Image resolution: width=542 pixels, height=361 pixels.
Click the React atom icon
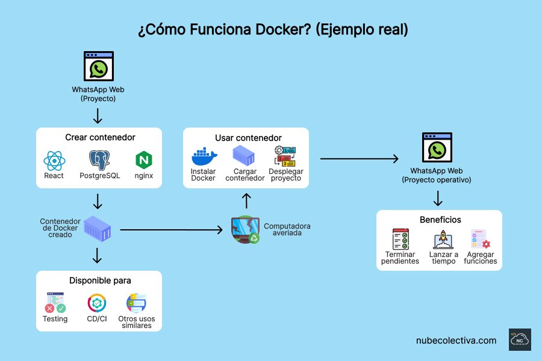(54, 161)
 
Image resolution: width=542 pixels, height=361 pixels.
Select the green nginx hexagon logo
(144, 160)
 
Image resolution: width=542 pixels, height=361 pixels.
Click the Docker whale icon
(203, 157)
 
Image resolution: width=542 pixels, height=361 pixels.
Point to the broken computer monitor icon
(246, 229)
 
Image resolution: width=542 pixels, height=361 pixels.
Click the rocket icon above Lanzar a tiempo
(443, 239)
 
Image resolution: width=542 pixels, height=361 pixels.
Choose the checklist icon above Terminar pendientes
(400, 239)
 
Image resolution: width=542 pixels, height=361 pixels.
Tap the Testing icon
(55, 302)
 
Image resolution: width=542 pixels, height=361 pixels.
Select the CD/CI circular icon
(97, 303)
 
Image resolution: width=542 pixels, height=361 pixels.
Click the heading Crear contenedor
(99, 137)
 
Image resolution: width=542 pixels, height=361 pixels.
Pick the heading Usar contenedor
(248, 138)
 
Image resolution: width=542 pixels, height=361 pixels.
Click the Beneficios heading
(440, 220)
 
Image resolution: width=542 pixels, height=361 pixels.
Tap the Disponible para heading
(100, 280)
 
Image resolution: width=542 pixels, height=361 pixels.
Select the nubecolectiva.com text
(456, 340)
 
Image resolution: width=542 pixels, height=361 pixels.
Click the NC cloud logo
(520, 340)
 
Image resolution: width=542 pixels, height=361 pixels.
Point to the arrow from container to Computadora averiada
(171, 230)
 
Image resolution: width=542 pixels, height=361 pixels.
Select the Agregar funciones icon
(481, 239)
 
